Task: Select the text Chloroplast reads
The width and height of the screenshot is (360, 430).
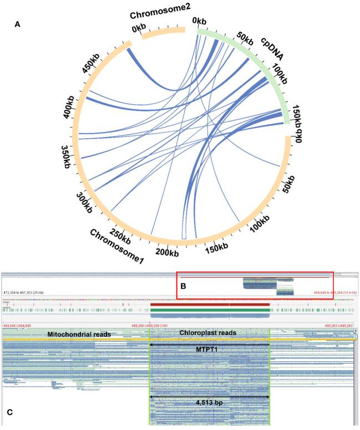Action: pos(208,332)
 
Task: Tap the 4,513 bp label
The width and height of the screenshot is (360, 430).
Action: pos(210,403)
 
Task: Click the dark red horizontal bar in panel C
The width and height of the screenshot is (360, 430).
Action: pos(210,304)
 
